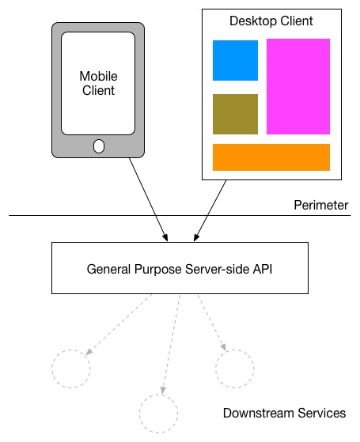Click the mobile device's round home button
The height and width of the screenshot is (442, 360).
pyautogui.click(x=99, y=146)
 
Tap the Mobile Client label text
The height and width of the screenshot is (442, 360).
pyautogui.click(x=98, y=84)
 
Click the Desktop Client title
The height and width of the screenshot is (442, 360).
pyautogui.click(x=271, y=21)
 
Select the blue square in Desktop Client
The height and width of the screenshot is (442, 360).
pyautogui.click(x=235, y=60)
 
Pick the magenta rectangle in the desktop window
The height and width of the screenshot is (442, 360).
pyautogui.click(x=298, y=86)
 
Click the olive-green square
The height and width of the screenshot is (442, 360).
pyautogui.click(x=235, y=114)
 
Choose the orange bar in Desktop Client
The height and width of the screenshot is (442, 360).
pyautogui.click(x=271, y=157)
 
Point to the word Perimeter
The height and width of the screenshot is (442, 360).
pyautogui.click(x=321, y=206)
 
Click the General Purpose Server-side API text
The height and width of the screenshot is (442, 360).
pyautogui.click(x=180, y=269)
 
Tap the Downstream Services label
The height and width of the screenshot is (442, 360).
pyautogui.click(x=284, y=414)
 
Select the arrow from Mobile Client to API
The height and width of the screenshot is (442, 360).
pyautogui.click(x=149, y=199)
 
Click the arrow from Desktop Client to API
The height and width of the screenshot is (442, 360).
pyautogui.click(x=210, y=211)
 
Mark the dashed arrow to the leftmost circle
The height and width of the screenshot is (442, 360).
pyautogui.click(x=119, y=324)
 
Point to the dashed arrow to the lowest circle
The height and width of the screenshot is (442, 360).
pyautogui.click(x=171, y=344)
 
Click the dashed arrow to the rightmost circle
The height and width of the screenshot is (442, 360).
pyautogui.click(x=211, y=323)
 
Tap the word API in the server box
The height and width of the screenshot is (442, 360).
pyautogui.click(x=263, y=269)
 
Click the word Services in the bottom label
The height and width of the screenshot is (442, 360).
pyautogui.click(x=322, y=414)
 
